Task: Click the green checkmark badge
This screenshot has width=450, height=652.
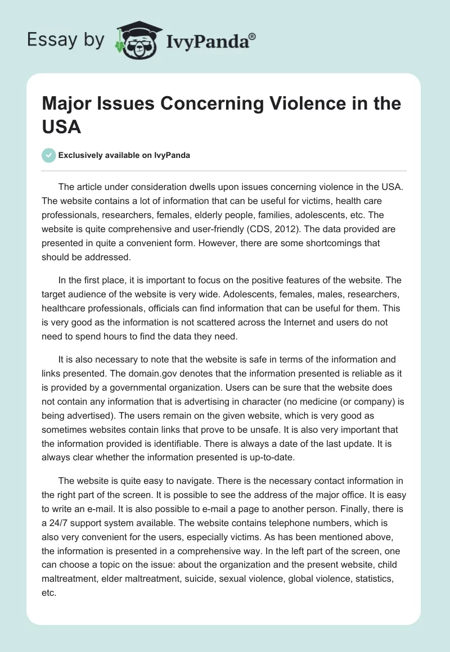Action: [x=49, y=155]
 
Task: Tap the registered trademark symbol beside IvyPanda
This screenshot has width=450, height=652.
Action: [x=252, y=35]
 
